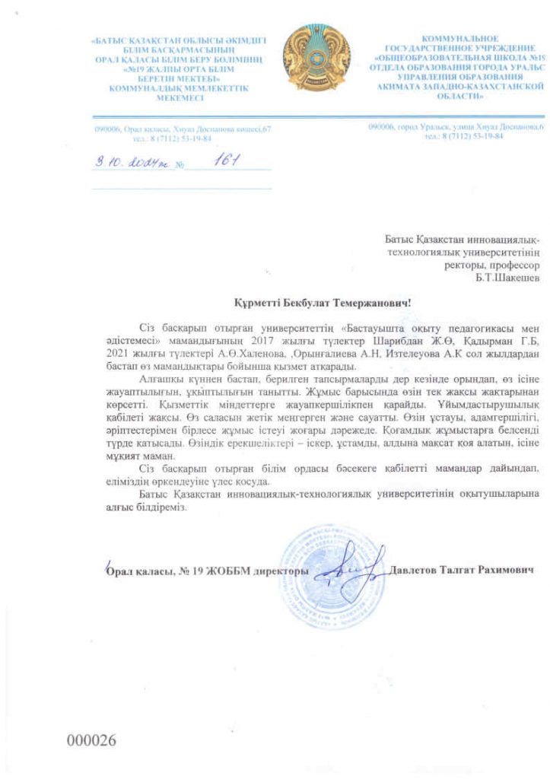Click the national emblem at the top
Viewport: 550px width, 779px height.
pos(316,57)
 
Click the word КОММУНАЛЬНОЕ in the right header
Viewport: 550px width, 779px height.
pos(460,38)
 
